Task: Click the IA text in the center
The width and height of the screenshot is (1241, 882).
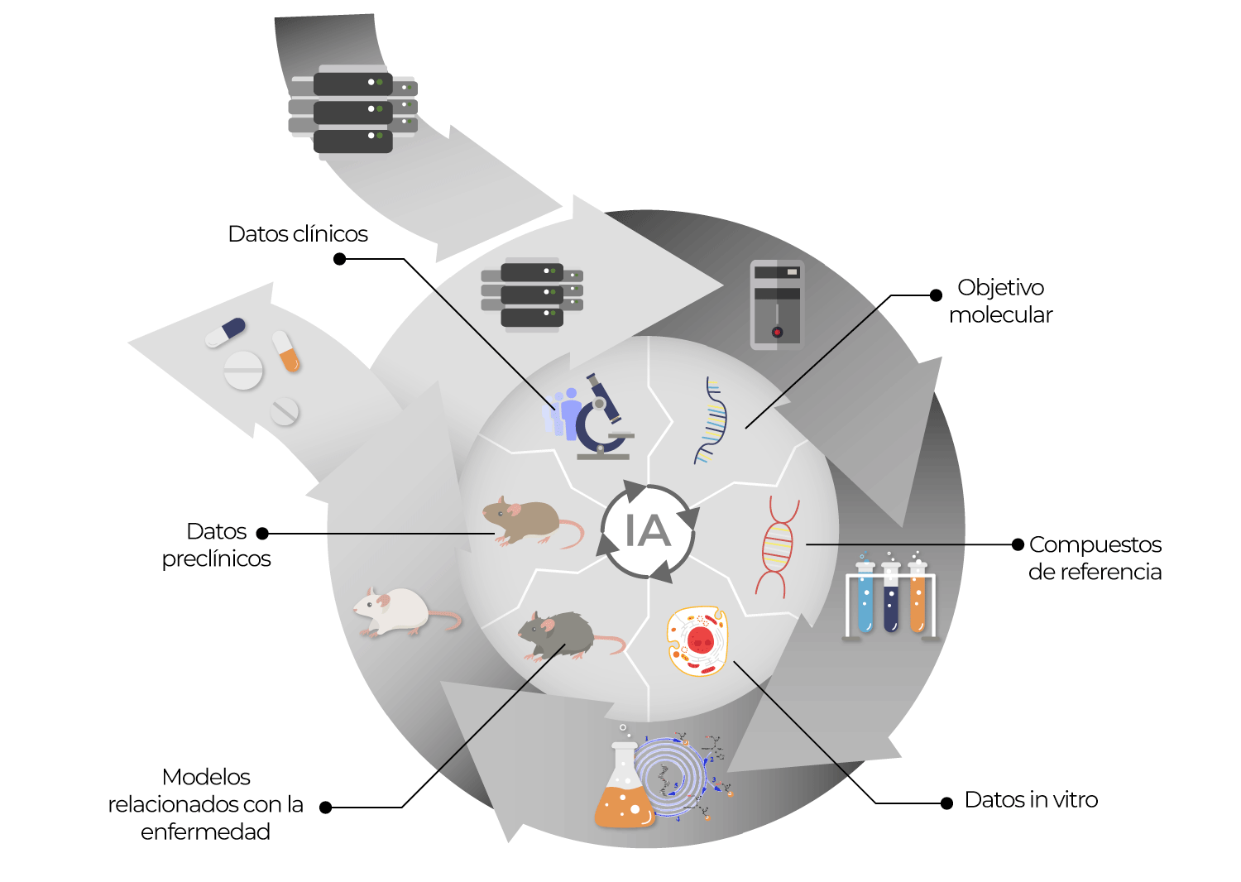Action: pos(648,530)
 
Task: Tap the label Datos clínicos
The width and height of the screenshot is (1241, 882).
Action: pos(298,234)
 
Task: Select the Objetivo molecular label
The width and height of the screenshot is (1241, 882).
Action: pos(1000,301)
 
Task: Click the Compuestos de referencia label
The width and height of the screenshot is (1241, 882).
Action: pos(1095,558)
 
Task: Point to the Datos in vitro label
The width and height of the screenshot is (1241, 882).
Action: pos(1031,799)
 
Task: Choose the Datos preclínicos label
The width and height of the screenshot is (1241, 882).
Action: pos(216,544)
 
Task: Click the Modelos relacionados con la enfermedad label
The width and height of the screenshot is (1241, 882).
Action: pos(205,804)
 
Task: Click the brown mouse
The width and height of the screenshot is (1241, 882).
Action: pos(533,521)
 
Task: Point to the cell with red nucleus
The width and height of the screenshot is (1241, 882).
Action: pos(697,641)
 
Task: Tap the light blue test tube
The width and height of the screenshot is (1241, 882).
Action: pos(865,597)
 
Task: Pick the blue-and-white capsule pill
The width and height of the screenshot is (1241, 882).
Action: pos(225,332)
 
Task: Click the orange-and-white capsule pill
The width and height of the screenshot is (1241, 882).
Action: pos(286,352)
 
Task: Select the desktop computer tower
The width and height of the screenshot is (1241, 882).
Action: pos(777,304)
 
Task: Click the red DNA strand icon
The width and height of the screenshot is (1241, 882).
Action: pos(778,547)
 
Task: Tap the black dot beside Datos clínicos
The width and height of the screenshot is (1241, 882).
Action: pos(339,259)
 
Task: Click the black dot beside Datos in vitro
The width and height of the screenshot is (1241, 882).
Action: pos(946,803)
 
